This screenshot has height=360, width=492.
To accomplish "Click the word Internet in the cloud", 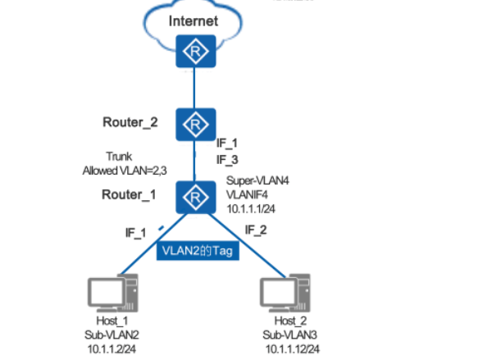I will (x=194, y=20).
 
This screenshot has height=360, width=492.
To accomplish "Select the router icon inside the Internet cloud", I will (x=194, y=52).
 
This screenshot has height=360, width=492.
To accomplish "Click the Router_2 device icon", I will (x=194, y=125).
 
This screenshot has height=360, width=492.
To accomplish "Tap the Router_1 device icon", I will (x=194, y=197).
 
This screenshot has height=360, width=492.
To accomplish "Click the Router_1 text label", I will (x=130, y=194).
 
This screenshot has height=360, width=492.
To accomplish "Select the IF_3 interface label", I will (x=227, y=158).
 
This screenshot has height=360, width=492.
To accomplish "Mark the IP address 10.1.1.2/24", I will (x=112, y=349).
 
